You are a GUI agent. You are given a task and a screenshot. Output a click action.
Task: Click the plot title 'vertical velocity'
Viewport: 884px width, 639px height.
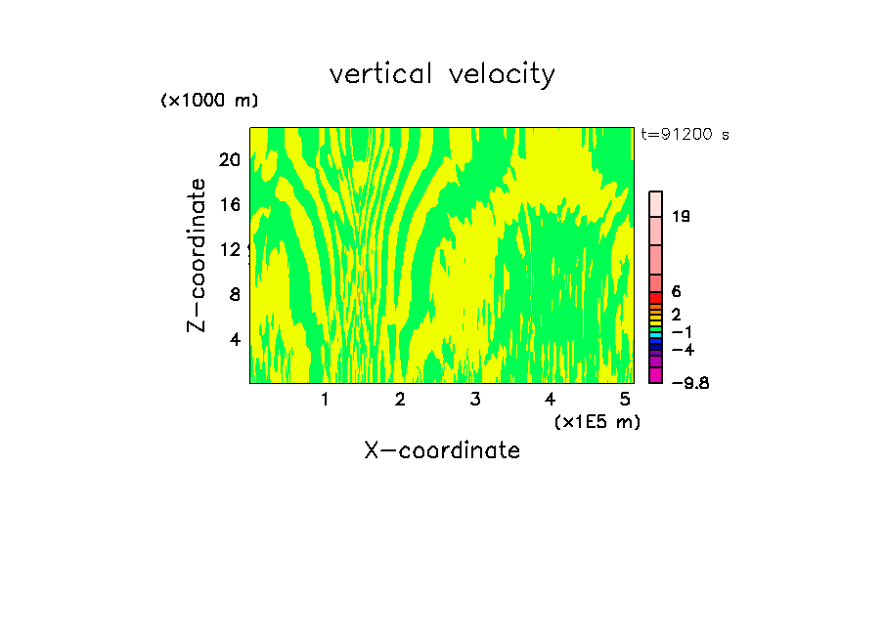[442, 74]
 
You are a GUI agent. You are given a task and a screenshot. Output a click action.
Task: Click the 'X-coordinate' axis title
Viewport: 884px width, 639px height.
[442, 450]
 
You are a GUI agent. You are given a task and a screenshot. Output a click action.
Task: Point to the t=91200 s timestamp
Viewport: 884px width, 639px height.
[685, 135]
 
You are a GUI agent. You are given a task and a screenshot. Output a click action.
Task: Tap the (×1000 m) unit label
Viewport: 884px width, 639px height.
[209, 101]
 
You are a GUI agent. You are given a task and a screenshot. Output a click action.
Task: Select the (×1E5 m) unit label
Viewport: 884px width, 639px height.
[597, 421]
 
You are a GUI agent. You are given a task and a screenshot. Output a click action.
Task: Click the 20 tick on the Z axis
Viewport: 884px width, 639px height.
[229, 160]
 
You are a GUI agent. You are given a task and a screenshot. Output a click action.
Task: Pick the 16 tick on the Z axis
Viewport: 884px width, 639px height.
[229, 205]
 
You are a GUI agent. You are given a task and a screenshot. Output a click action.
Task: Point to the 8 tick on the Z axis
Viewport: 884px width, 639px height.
[235, 294]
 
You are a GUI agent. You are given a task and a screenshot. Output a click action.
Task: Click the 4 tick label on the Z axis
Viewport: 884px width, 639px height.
[235, 339]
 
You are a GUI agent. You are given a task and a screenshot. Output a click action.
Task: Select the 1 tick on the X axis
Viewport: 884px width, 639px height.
[325, 399]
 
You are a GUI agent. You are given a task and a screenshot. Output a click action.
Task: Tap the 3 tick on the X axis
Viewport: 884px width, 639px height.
[474, 399]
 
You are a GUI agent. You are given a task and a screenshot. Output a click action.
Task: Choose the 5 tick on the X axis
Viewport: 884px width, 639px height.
[625, 399]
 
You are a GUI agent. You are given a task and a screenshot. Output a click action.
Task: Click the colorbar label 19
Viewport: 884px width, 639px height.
[682, 217]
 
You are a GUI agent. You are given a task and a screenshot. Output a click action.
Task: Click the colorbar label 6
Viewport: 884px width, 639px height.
[676, 291]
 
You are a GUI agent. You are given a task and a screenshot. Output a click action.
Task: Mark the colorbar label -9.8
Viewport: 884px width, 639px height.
[689, 383]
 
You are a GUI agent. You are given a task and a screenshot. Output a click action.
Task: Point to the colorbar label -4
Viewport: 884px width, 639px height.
[682, 349]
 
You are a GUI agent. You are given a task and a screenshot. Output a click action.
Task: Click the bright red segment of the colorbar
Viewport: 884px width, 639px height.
[656, 297]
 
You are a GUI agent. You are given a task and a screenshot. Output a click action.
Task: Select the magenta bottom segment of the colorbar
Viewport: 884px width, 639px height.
[656, 375]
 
